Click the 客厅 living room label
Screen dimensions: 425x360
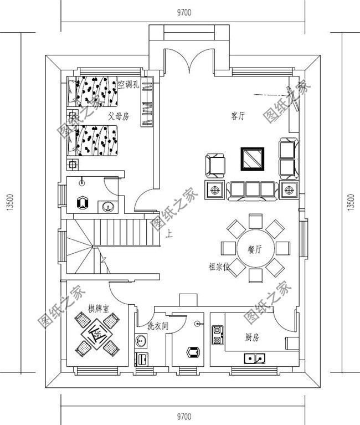click(x=238, y=116)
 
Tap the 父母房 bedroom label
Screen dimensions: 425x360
click(x=118, y=117)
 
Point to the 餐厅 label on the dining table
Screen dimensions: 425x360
click(x=254, y=249)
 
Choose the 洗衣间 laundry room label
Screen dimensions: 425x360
click(x=157, y=326)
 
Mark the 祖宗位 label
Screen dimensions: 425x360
click(x=219, y=267)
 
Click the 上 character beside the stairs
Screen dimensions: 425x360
click(x=169, y=234)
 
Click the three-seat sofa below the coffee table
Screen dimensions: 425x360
click(x=253, y=190)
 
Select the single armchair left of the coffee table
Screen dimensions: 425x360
click(x=215, y=164)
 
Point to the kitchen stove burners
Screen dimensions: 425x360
click(x=217, y=336)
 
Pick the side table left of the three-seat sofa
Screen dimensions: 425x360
click(x=214, y=190)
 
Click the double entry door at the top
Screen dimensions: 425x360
click(x=189, y=61)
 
